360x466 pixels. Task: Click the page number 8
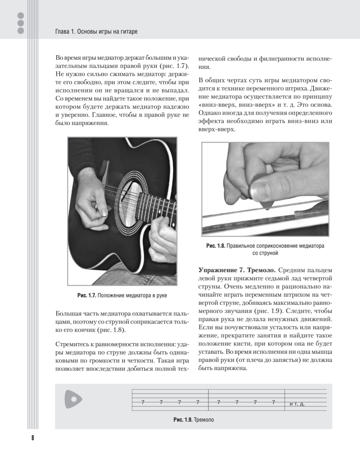(33, 438)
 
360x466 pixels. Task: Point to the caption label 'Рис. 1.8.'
(216, 246)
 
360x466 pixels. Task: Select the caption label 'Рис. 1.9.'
(183, 420)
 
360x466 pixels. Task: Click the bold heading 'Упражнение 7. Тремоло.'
(238, 270)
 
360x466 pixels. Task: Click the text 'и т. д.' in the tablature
(297, 404)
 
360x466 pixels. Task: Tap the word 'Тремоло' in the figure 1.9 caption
(204, 420)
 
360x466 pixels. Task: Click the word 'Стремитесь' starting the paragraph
(72, 344)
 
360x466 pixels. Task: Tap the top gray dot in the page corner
(21, 16)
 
